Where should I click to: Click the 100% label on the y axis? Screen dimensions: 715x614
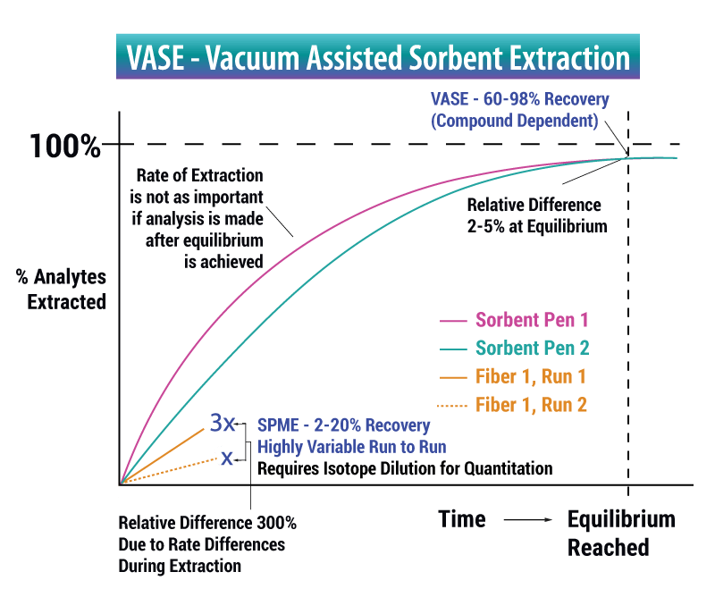tap(65, 147)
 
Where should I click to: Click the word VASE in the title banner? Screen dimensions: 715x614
tap(155, 58)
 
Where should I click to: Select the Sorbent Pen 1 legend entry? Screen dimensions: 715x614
tap(514, 320)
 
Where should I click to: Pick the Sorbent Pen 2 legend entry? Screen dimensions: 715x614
tap(515, 349)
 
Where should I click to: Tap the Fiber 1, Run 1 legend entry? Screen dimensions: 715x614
tap(512, 376)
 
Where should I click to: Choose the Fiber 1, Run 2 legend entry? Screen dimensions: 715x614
tap(511, 405)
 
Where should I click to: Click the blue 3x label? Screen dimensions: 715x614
tap(222, 423)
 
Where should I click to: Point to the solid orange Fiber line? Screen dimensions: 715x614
tap(162, 456)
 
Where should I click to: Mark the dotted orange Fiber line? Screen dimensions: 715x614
tap(169, 471)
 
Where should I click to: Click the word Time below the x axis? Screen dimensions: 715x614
tap(462, 519)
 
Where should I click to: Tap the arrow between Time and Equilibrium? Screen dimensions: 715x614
tap(527, 519)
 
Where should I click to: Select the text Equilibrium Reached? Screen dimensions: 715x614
tap(621, 534)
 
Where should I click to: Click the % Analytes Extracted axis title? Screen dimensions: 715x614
tap(61, 290)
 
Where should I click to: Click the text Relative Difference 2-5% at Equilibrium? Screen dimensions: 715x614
tap(537, 215)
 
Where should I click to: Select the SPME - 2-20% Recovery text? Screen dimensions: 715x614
tap(344, 425)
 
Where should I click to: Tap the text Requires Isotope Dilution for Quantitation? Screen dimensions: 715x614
tap(405, 468)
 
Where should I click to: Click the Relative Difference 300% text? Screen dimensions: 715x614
tap(207, 523)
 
